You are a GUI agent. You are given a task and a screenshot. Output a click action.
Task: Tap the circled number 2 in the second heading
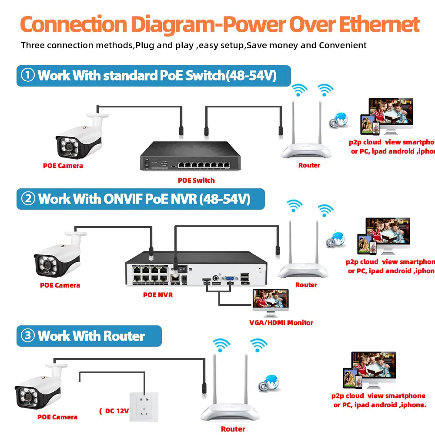28,199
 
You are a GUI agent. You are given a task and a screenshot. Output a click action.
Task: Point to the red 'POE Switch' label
196,180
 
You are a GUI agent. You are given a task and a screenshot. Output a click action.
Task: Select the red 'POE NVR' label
158,295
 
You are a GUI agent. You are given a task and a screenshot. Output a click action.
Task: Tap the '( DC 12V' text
114,411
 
